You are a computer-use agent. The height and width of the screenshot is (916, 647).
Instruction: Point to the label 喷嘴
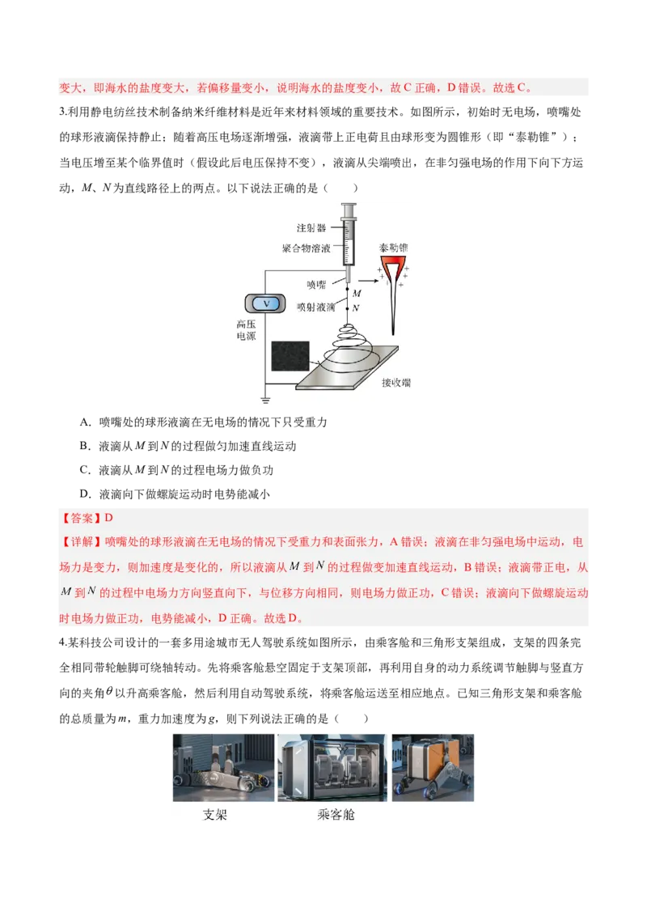click(316, 284)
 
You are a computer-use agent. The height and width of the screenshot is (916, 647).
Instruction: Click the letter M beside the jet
click(357, 293)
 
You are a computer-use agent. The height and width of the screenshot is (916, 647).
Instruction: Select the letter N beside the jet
click(356, 307)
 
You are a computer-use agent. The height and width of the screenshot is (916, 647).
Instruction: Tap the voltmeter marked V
click(266, 303)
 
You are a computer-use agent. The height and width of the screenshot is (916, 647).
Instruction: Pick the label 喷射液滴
click(316, 307)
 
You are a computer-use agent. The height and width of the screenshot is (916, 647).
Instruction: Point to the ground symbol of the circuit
click(265, 398)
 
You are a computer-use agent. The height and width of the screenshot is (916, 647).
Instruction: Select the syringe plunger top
click(349, 206)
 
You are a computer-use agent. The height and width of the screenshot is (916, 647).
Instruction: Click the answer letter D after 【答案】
click(109, 519)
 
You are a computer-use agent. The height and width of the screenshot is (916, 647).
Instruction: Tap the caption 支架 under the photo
click(214, 814)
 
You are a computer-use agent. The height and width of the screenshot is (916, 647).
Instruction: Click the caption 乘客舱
click(336, 814)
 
